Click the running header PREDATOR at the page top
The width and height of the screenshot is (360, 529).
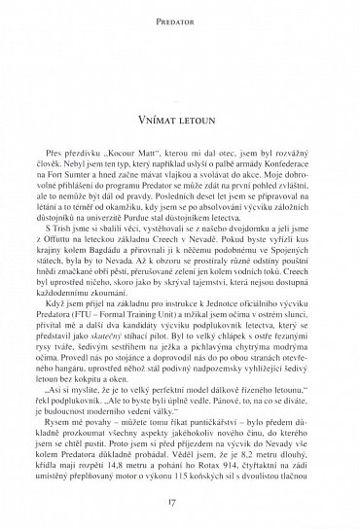180,16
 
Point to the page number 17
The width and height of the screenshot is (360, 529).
180,503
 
